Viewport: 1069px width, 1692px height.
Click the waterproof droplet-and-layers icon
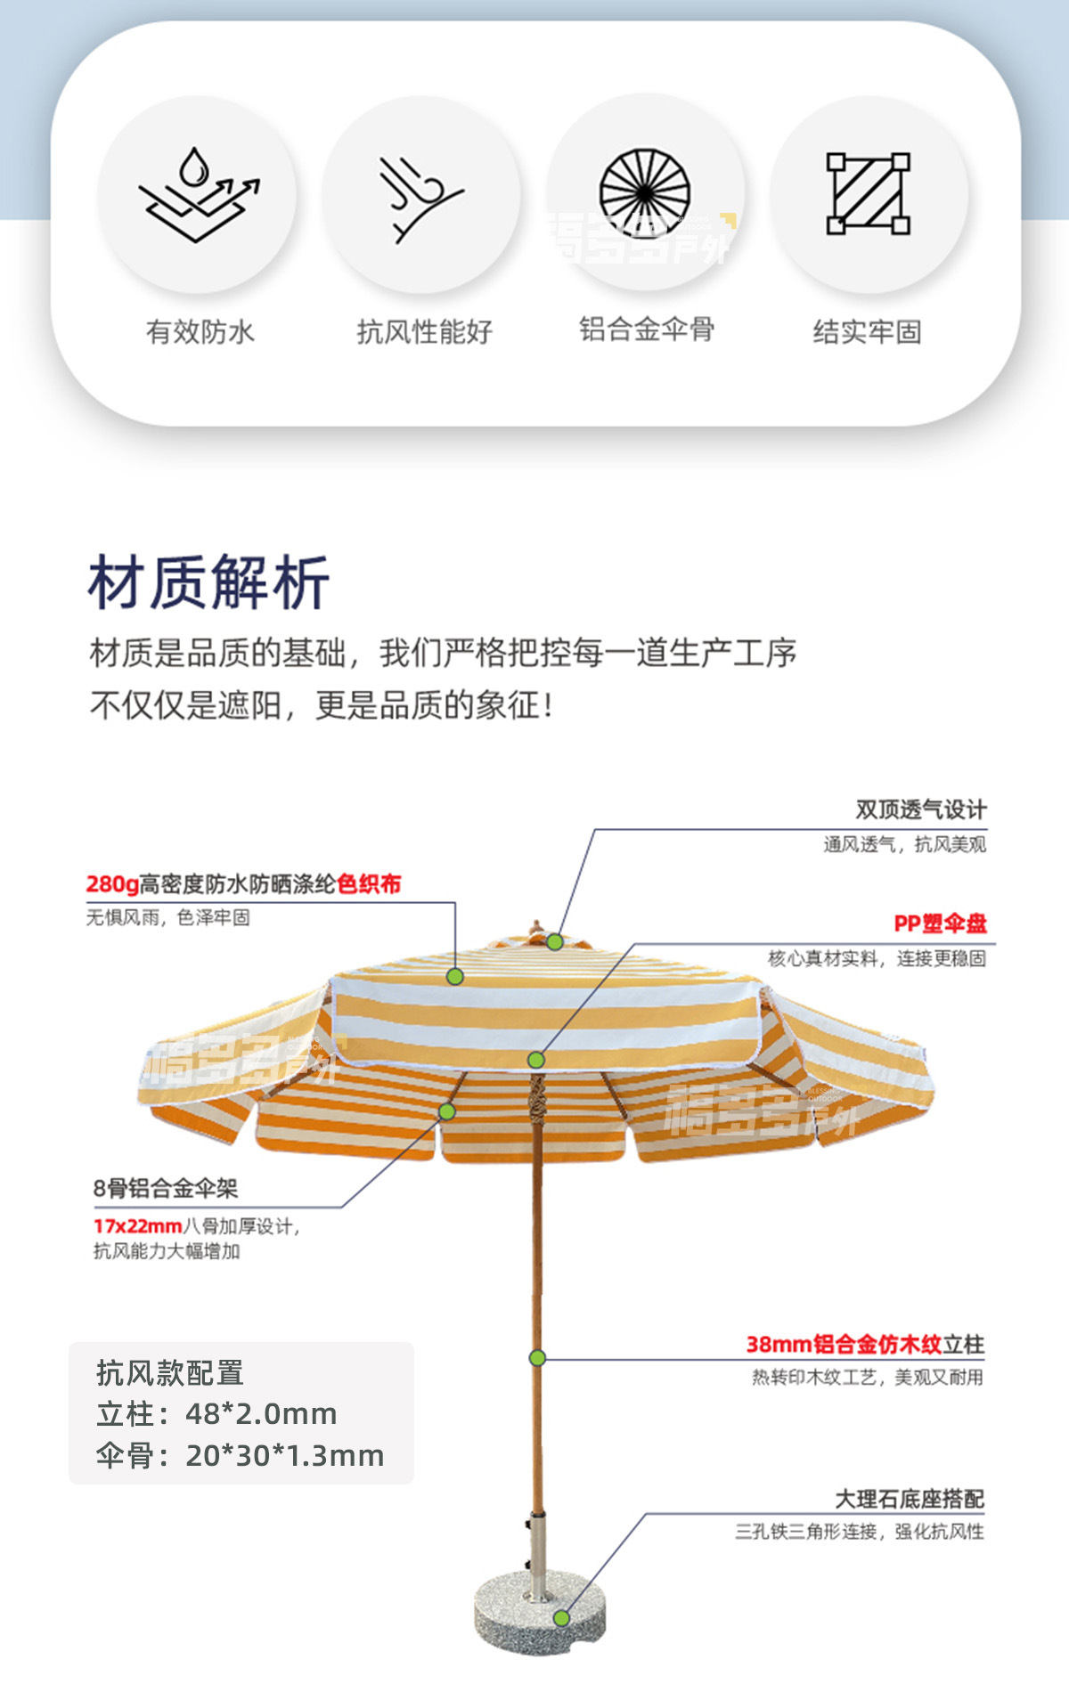tap(198, 194)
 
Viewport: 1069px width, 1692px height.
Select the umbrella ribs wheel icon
tap(645, 192)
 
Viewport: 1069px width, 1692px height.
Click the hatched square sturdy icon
tap(868, 193)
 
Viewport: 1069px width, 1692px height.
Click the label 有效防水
tap(200, 332)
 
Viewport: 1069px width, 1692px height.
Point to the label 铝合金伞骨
tap(647, 329)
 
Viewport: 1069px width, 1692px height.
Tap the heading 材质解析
tap(209, 583)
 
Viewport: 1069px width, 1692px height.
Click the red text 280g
tap(112, 884)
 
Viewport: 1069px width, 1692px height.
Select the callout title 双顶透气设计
tap(921, 809)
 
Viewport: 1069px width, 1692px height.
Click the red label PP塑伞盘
tap(940, 923)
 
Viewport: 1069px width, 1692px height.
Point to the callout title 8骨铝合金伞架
tap(166, 1188)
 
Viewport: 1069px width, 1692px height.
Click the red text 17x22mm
tap(138, 1226)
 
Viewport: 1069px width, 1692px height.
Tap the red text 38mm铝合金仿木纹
tap(844, 1345)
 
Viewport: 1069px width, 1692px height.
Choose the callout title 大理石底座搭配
tap(909, 1499)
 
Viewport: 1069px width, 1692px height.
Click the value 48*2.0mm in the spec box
tap(261, 1414)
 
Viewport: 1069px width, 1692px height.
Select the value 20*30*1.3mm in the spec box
tap(284, 1456)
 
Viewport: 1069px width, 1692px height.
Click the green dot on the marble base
tap(561, 1618)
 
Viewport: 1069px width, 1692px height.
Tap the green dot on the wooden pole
tap(537, 1358)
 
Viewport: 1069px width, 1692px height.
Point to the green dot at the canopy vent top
tap(555, 941)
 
